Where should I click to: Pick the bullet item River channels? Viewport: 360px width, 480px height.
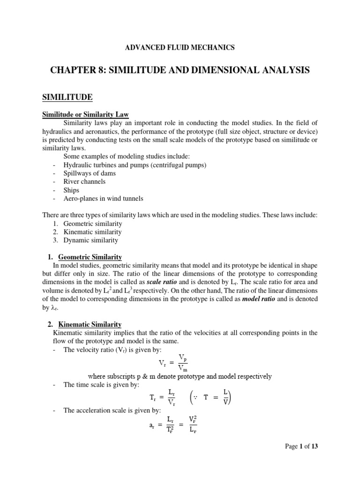[x=85, y=181]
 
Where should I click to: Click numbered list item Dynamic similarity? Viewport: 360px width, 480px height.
[x=91, y=240]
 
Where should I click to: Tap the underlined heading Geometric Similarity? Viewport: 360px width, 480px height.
[x=90, y=257]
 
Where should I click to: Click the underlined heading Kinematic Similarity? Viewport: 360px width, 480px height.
[x=90, y=324]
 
